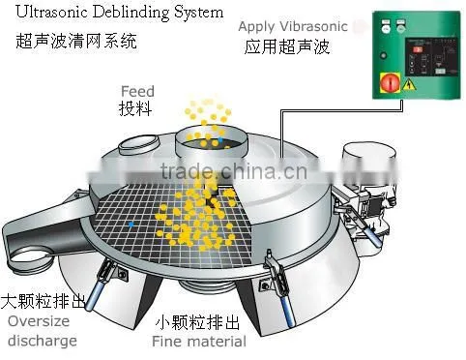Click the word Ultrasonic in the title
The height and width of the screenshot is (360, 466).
click(x=51, y=13)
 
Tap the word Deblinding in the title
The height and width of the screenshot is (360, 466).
click(x=131, y=14)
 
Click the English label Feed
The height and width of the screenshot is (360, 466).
click(x=137, y=92)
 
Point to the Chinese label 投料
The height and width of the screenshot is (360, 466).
click(x=135, y=108)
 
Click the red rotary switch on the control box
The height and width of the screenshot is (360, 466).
click(x=391, y=82)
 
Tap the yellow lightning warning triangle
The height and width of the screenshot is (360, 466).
click(x=410, y=84)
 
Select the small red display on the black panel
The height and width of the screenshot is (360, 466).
click(x=418, y=49)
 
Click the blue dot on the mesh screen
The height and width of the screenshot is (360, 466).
click(x=131, y=224)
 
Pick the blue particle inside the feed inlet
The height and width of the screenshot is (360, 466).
click(x=220, y=139)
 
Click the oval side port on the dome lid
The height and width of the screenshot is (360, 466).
click(x=138, y=144)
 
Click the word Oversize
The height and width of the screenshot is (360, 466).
click(x=39, y=321)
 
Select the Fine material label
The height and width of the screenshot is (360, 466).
click(x=199, y=342)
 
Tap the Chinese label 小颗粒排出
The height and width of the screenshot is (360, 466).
click(x=197, y=322)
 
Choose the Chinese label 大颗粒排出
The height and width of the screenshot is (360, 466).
click(x=44, y=301)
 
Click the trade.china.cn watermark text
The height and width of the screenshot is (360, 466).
click(x=234, y=170)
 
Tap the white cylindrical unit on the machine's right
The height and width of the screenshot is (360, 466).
click(x=369, y=163)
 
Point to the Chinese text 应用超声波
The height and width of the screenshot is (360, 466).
click(x=287, y=46)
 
